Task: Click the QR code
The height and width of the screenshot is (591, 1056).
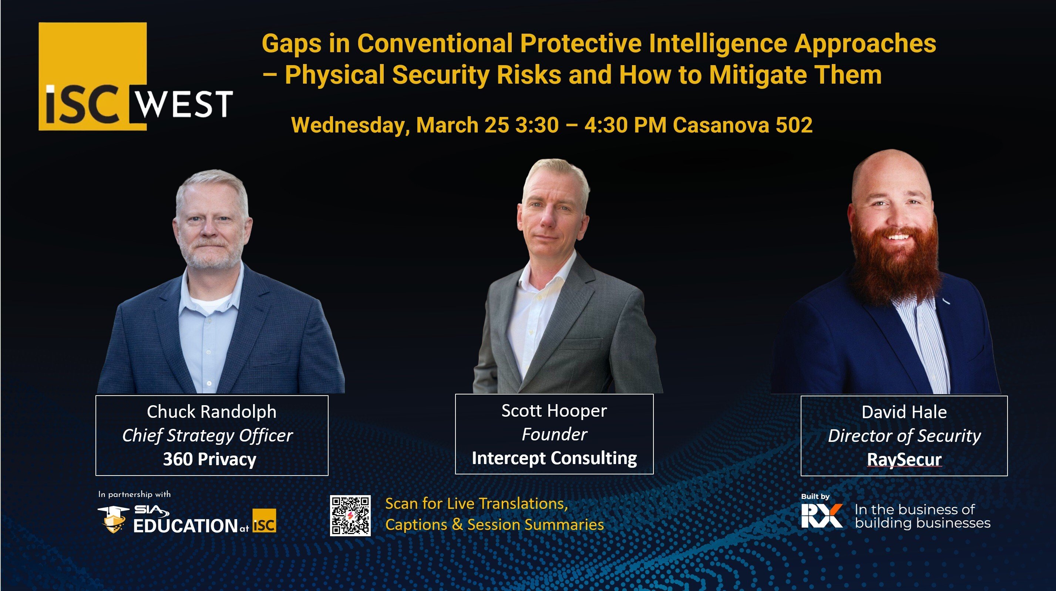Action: pyautogui.click(x=350, y=515)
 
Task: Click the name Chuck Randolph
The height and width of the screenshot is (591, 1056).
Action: pyautogui.click(x=212, y=412)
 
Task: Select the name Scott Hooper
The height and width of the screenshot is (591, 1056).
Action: pyautogui.click(x=554, y=410)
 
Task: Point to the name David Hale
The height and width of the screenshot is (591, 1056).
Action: pyautogui.click(x=904, y=412)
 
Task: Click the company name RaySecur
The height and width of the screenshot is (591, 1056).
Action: pyautogui.click(x=904, y=459)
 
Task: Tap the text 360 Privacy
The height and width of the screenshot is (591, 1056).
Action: pyautogui.click(x=209, y=459)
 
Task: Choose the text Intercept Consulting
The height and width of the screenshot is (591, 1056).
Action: pyautogui.click(x=554, y=458)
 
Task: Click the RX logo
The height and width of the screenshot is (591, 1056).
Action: pyautogui.click(x=821, y=516)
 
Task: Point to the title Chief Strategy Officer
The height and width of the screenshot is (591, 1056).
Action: pyautogui.click(x=208, y=436)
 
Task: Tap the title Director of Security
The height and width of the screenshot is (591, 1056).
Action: pyautogui.click(x=904, y=436)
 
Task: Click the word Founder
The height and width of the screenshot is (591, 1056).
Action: pyautogui.click(x=554, y=434)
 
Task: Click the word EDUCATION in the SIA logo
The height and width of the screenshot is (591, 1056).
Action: pyautogui.click(x=185, y=526)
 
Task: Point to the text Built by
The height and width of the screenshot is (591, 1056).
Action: pyautogui.click(x=815, y=496)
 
